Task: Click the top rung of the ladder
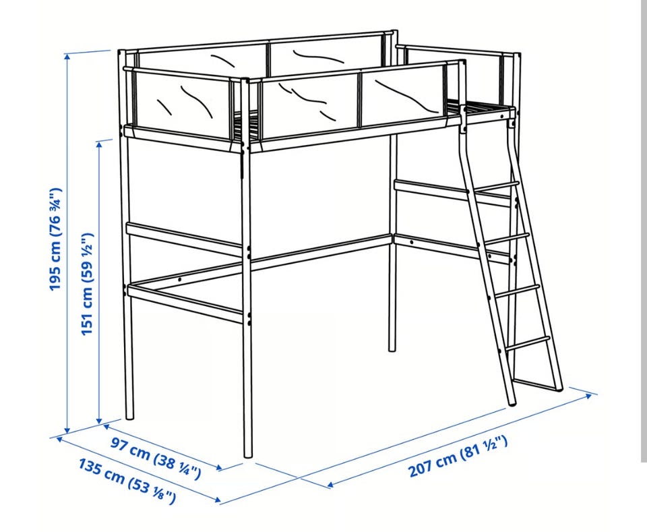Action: pyautogui.click(x=495, y=186)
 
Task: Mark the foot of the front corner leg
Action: pyautogui.click(x=248, y=454)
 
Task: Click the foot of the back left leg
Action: pyautogui.click(x=129, y=417)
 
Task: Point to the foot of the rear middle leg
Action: pyautogui.click(x=392, y=349)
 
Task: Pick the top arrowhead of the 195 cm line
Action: pyautogui.click(x=67, y=57)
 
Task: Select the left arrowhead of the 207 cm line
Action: pyautogui.click(x=330, y=484)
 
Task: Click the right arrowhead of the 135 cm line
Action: pyautogui.click(x=217, y=500)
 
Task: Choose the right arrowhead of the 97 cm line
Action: pyautogui.click(x=218, y=468)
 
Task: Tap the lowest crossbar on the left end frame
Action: pyautogui.click(x=185, y=303)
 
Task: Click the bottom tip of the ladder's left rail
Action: pyautogui.click(x=512, y=403)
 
